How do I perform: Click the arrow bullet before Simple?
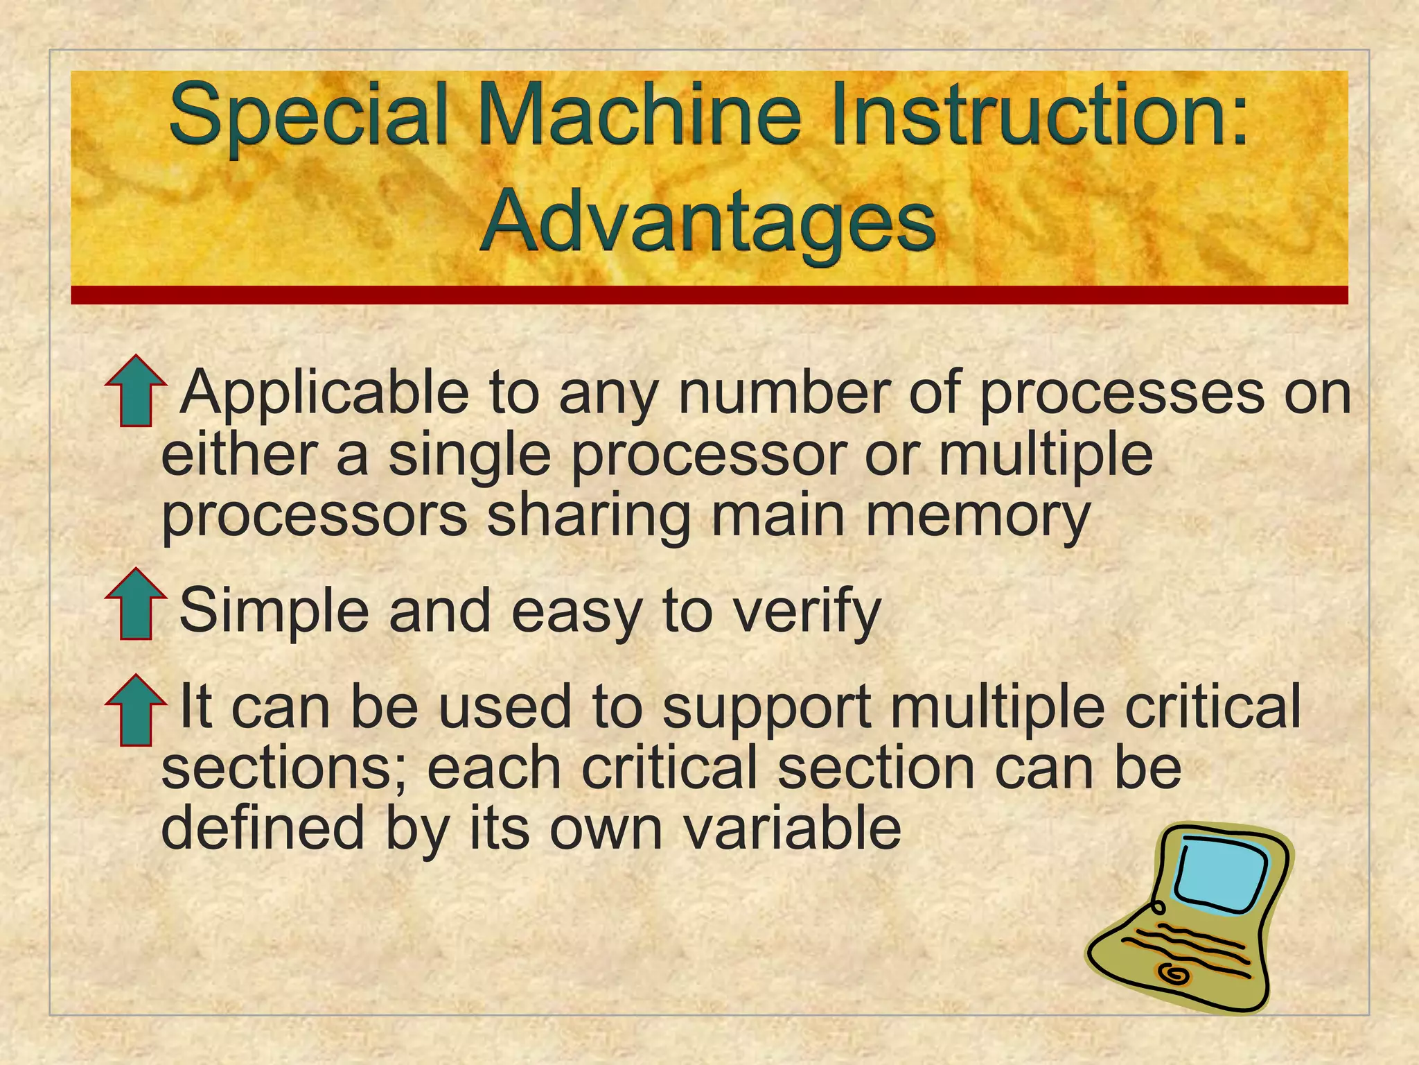[136, 604]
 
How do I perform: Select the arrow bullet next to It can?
[136, 710]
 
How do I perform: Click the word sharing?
[589, 517]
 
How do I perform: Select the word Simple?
[274, 610]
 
